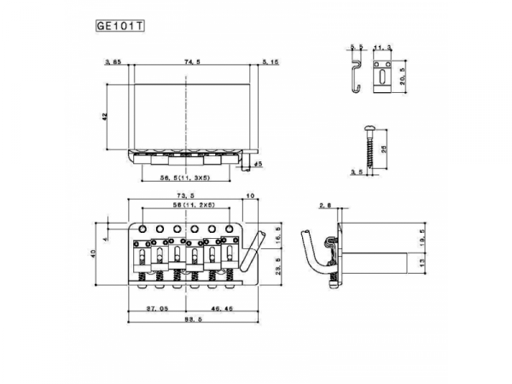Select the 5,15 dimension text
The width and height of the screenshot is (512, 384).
[x=271, y=62]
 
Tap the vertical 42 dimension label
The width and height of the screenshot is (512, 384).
[x=102, y=118]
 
